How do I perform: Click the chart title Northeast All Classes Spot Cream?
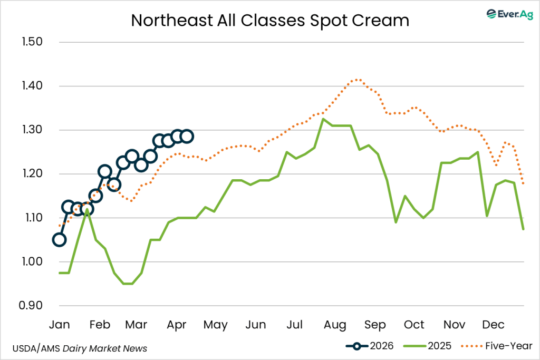click(x=269, y=20)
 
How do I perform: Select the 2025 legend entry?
click(x=428, y=346)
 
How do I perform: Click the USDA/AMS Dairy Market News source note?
click(x=79, y=348)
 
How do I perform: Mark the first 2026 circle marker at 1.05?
click(x=59, y=240)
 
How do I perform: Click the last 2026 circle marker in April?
click(x=187, y=137)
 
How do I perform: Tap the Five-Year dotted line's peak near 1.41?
click(x=358, y=80)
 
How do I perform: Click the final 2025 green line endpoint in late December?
click(x=523, y=229)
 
